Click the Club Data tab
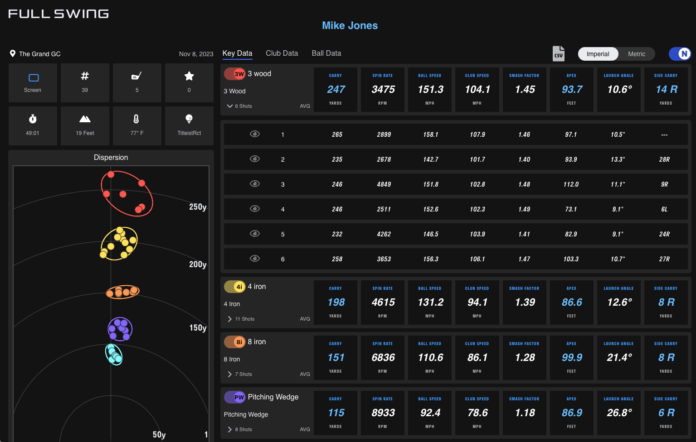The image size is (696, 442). (282, 53)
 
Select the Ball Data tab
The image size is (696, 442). (326, 53)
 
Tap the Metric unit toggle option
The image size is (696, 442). (636, 54)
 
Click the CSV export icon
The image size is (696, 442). (559, 53)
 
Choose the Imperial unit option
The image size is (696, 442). (598, 54)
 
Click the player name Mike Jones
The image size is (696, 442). (350, 25)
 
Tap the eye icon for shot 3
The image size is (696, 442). (255, 184)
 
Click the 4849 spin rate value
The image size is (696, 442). (384, 184)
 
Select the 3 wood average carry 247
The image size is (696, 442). (336, 90)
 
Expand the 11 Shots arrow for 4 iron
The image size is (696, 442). (230, 319)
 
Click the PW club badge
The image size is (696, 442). (239, 397)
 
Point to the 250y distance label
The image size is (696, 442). (198, 207)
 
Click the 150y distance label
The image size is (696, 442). (198, 328)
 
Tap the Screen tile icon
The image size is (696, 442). (33, 78)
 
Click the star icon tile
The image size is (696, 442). (189, 77)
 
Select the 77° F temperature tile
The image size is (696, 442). (137, 125)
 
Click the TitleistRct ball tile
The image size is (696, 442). (189, 125)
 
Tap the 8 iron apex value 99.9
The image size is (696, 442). (572, 358)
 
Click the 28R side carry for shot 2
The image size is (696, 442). (664, 159)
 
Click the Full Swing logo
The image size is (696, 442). (58, 14)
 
